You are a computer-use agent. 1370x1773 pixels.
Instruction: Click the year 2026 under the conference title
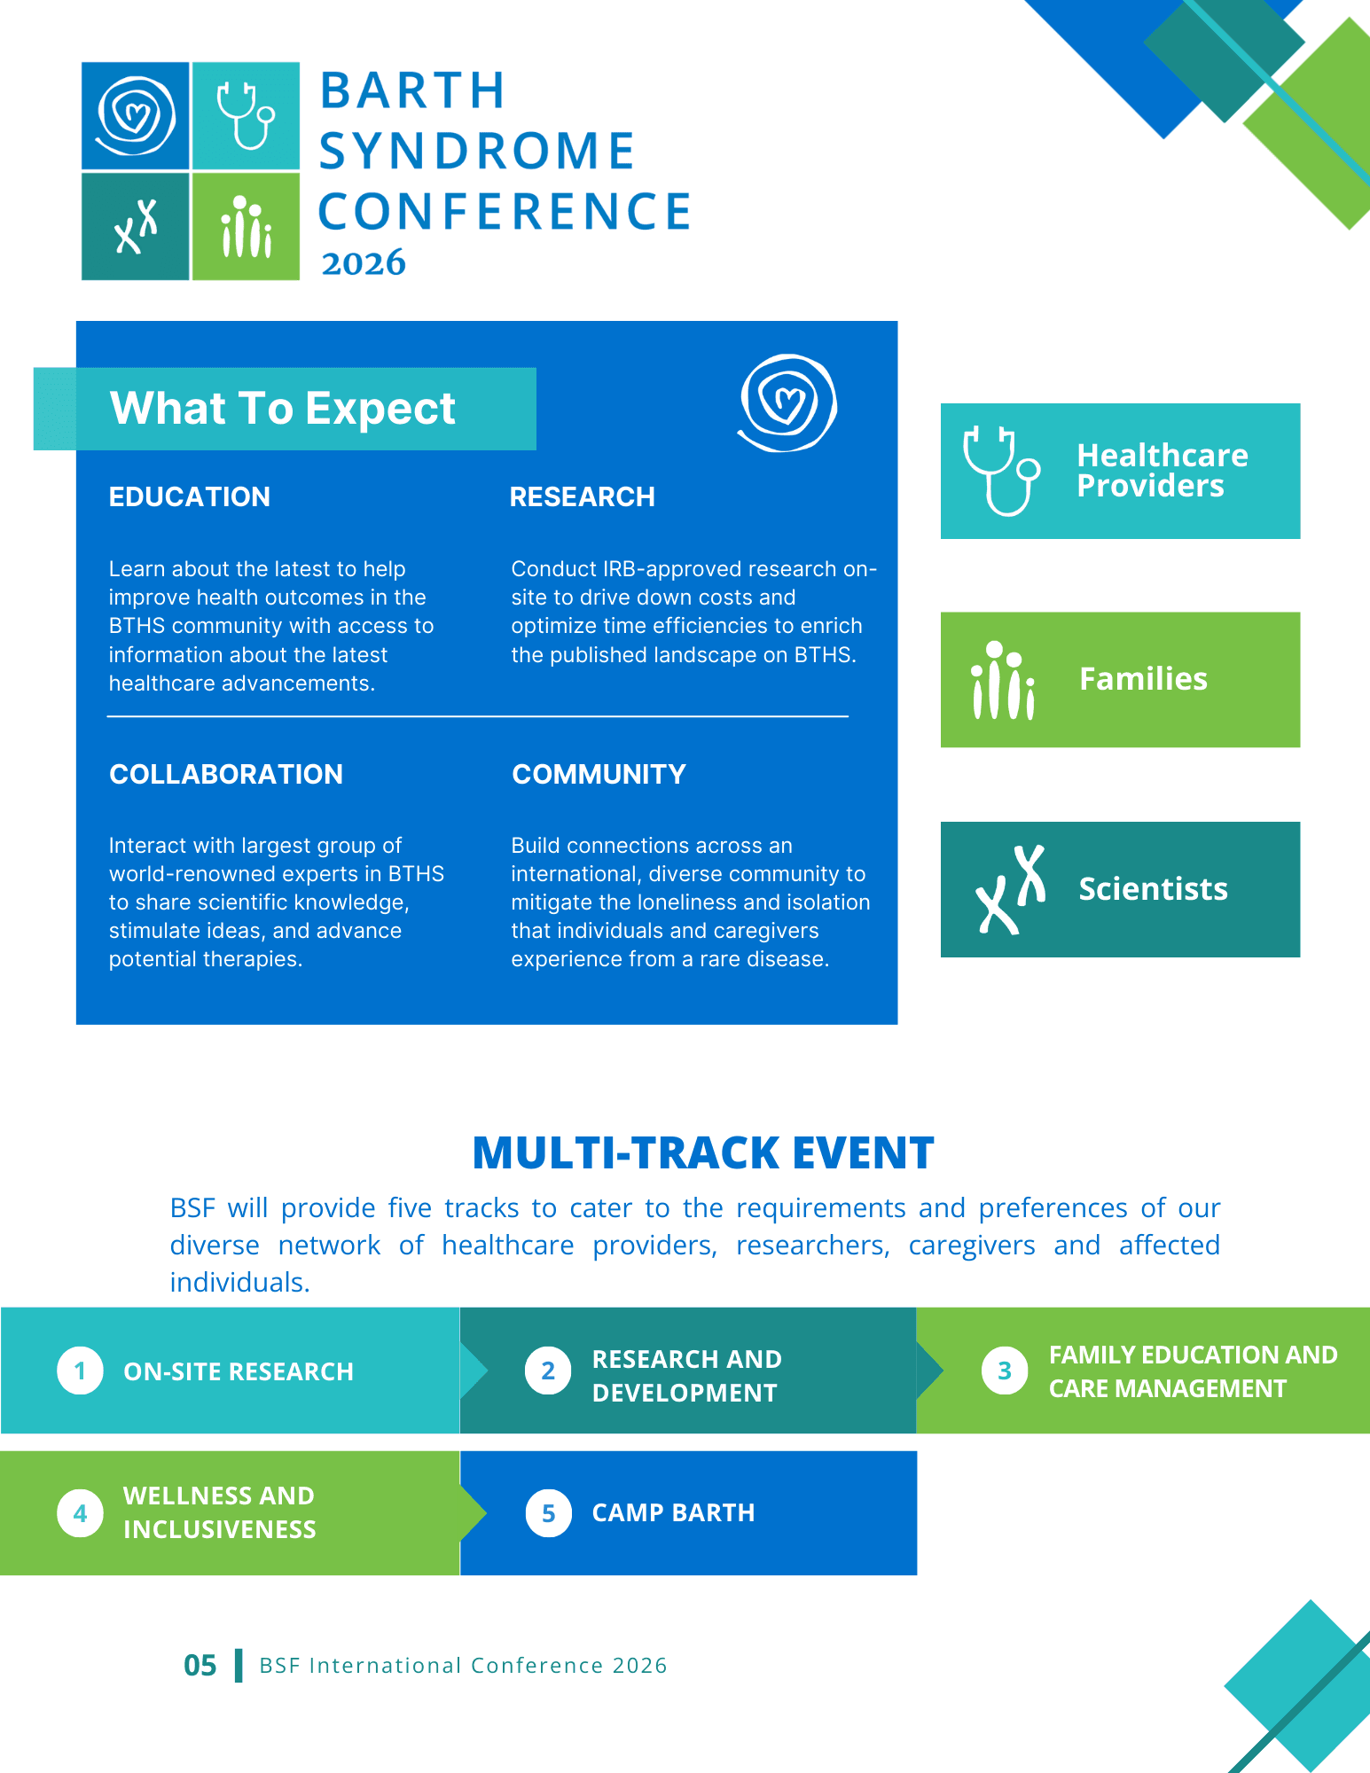click(364, 263)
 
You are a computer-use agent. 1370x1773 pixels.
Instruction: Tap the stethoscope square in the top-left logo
click(246, 115)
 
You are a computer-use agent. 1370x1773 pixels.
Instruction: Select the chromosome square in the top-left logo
click(135, 226)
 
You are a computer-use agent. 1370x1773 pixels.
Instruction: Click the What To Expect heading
click(282, 409)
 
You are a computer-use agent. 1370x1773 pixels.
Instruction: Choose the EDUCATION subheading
click(190, 497)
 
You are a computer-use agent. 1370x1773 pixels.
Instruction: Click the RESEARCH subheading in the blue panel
click(583, 497)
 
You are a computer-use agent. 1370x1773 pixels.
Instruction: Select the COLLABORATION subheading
click(226, 775)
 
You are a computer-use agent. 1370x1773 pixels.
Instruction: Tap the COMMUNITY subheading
click(599, 775)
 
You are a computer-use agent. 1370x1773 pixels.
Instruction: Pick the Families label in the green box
click(1143, 679)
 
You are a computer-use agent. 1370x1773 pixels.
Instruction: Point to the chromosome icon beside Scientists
click(1010, 889)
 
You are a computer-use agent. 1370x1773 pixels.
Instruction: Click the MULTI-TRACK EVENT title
click(703, 1153)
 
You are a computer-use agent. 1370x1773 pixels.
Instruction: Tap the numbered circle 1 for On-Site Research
click(80, 1371)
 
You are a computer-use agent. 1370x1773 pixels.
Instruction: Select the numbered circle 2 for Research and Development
click(548, 1371)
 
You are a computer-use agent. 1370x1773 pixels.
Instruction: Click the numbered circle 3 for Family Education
click(1005, 1371)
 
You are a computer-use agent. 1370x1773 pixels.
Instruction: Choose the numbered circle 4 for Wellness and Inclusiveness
click(80, 1513)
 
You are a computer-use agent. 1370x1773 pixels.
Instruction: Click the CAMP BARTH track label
click(673, 1512)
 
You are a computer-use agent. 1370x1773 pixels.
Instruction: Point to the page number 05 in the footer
click(200, 1666)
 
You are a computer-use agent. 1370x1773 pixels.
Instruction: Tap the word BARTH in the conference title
click(412, 90)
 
